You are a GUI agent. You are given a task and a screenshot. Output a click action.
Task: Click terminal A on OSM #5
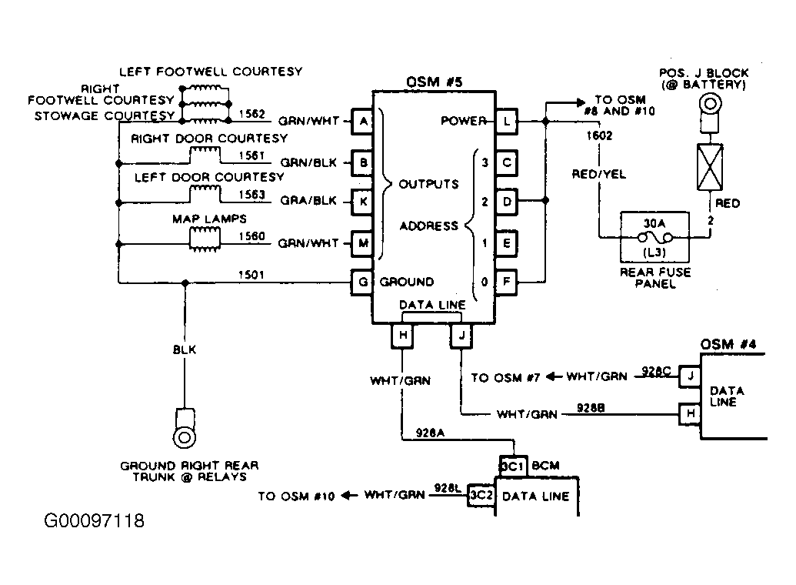coord(362,122)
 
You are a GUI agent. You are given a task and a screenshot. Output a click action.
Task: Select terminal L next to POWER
coord(507,122)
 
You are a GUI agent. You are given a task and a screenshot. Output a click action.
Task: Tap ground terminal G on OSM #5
coord(362,282)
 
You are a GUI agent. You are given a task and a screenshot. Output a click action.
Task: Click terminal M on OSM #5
coord(362,243)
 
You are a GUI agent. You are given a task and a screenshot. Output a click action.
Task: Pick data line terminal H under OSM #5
coord(402,336)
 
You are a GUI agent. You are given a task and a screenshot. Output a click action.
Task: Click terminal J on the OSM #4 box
coord(691,376)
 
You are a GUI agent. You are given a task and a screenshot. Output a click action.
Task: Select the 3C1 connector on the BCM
coord(513,466)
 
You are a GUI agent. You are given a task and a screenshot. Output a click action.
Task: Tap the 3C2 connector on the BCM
coord(481,495)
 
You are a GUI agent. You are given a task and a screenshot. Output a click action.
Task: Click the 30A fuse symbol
coord(654,237)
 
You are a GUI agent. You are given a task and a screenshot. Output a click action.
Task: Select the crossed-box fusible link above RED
coord(710,167)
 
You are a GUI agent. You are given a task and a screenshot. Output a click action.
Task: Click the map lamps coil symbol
coord(205,239)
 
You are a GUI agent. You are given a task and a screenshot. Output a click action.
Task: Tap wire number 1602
coord(600,135)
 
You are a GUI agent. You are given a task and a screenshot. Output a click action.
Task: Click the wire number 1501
coord(251,275)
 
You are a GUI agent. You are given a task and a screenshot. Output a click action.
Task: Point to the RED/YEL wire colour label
coord(599,174)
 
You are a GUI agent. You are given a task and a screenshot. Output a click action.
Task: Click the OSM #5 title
coord(435,82)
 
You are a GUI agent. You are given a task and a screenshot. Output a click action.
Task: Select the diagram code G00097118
coord(95,521)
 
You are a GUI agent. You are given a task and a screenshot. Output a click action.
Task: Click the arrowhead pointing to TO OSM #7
coord(553,377)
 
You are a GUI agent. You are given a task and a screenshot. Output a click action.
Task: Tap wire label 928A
coord(430,433)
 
